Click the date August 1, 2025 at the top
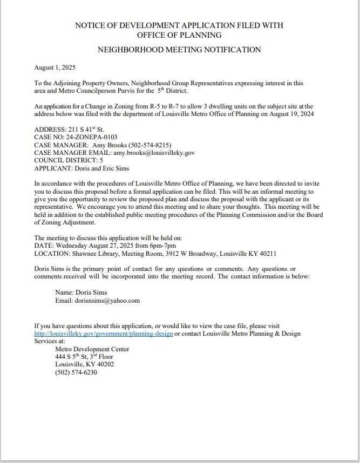(55, 68)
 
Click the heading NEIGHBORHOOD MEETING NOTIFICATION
(179, 50)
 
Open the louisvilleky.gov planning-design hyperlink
(104, 334)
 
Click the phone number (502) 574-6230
(76, 372)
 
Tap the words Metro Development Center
(92, 349)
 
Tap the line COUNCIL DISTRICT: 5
(69, 160)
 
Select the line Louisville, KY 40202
(85, 364)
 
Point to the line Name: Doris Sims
(81, 292)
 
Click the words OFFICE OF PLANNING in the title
(179, 35)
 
